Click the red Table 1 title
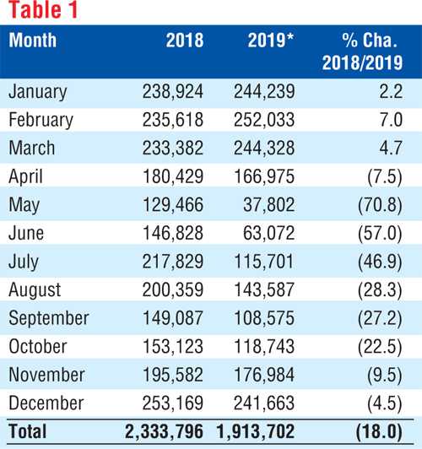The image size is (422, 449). point(43,9)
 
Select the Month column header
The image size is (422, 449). point(33,41)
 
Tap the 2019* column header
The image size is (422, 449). point(271,41)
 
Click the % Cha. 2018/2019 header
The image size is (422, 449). point(362,51)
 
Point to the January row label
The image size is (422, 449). point(37,92)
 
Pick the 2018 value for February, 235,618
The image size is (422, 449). point(173,120)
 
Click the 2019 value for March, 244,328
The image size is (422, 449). point(264,148)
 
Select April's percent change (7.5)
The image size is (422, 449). point(385,176)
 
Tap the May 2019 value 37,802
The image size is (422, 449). point(269,205)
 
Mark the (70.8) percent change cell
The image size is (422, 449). point(380,205)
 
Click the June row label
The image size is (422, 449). point(26,233)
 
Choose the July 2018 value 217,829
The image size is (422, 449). point(173,262)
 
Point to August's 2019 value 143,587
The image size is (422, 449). point(264,289)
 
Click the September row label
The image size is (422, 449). point(49,318)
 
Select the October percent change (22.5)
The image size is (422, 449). point(380,347)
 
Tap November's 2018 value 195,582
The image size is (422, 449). point(173,375)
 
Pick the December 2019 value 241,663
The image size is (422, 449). point(264,403)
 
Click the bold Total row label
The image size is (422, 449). point(28,431)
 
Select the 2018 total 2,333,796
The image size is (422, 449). point(164,431)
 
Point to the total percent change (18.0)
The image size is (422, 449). point(379,431)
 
